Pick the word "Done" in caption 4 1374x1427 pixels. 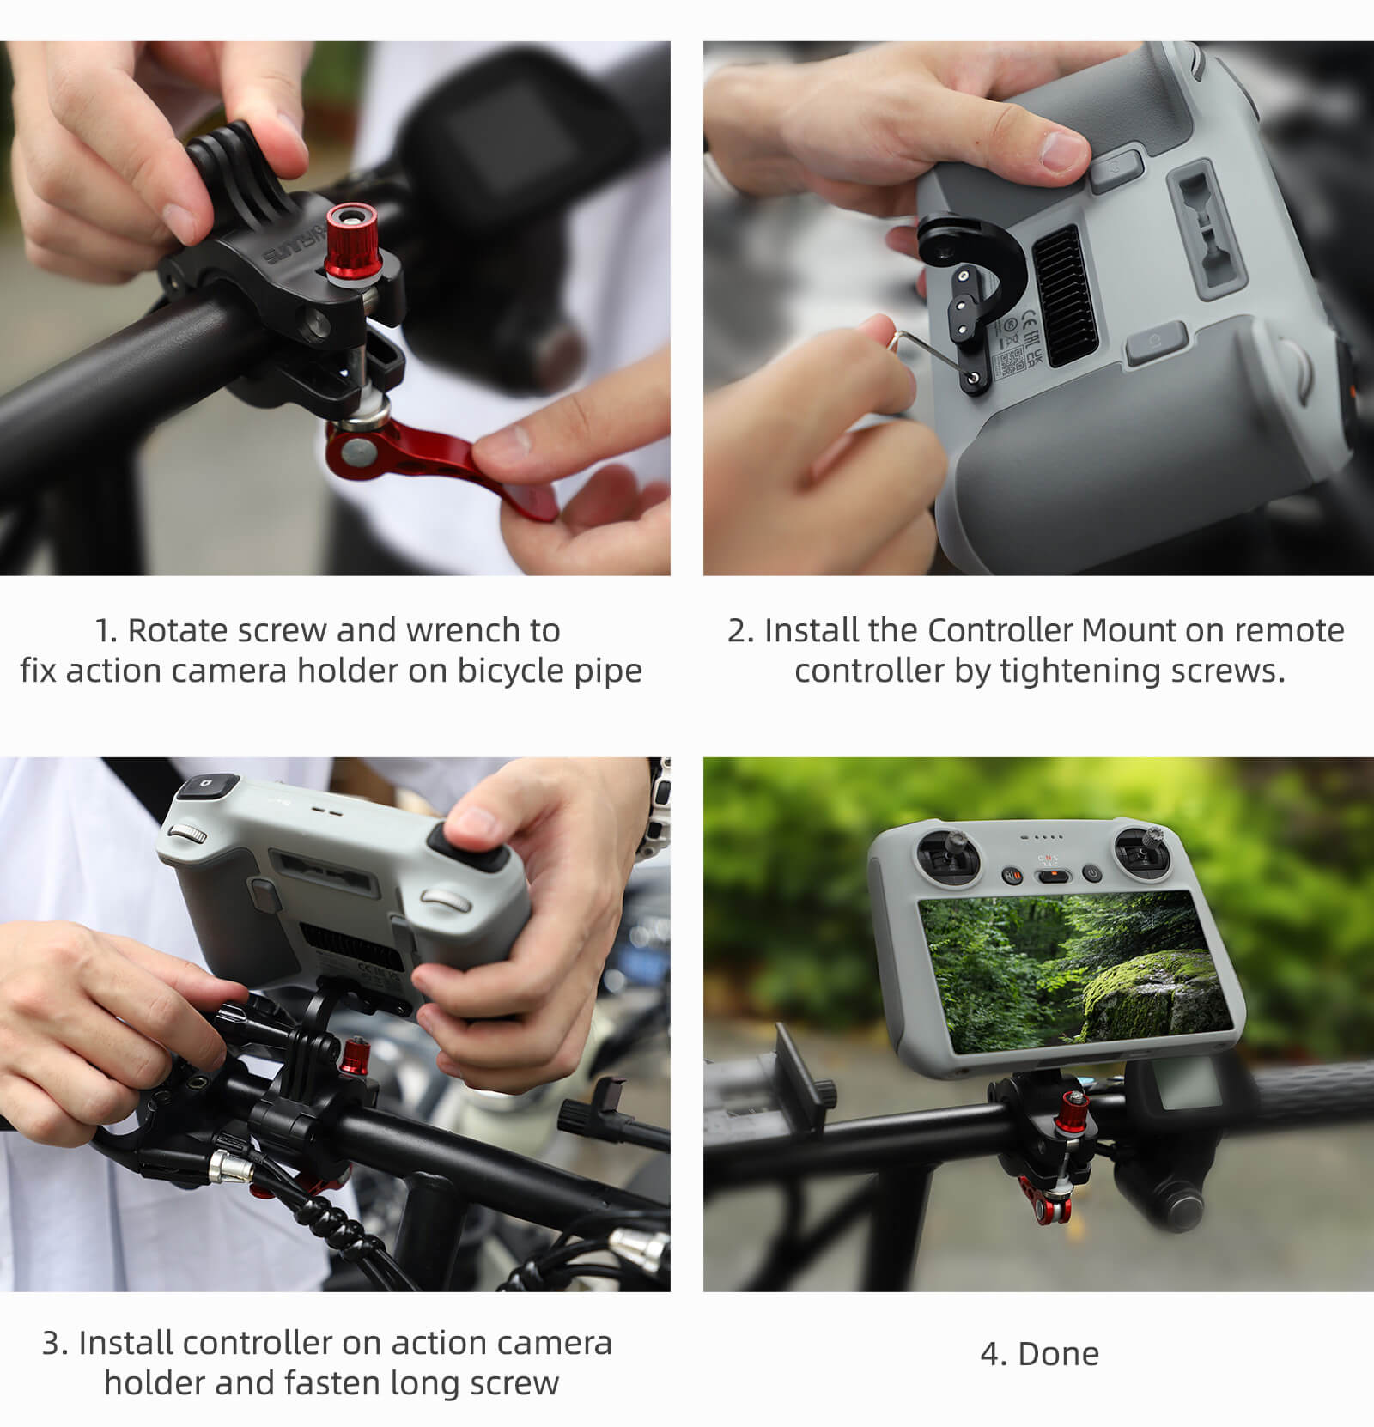[1058, 1354]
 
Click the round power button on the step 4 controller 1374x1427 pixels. [1091, 873]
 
